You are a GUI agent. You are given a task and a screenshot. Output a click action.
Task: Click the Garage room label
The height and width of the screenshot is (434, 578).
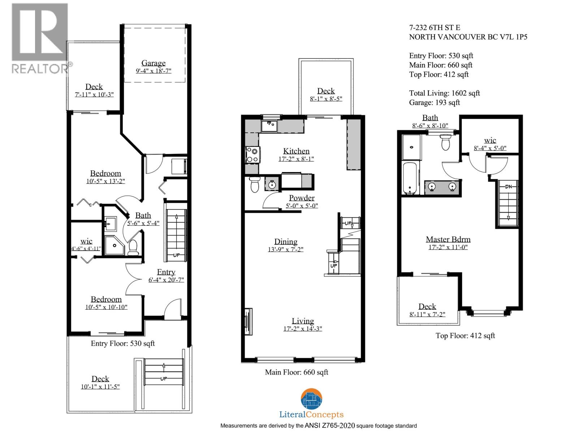pos(153,63)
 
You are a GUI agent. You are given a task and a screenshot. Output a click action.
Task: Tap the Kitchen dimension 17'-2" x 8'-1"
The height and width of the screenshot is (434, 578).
pos(296,159)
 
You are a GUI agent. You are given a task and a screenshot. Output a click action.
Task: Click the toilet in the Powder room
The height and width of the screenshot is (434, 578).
pos(255,185)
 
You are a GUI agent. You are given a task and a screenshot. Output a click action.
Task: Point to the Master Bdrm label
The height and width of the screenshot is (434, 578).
pos(448,239)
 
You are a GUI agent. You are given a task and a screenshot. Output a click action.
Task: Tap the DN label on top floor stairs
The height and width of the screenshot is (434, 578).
pos(508,187)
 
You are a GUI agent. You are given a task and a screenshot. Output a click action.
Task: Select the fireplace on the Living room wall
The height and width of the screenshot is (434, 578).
pos(248,322)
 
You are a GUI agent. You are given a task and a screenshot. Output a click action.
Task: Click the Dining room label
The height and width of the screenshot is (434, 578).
pos(286,242)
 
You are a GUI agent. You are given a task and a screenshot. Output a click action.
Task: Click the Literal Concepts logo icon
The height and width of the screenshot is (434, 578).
pos(311,399)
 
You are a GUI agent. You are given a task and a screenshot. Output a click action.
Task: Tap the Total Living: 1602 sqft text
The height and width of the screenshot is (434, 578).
pos(444,93)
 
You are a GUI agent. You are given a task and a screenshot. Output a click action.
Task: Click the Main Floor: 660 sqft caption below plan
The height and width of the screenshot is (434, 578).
pos(296,372)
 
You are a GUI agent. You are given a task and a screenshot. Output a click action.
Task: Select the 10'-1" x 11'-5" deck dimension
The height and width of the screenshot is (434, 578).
pos(100,387)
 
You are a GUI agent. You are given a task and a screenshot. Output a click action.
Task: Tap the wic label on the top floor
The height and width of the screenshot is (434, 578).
pos(490,140)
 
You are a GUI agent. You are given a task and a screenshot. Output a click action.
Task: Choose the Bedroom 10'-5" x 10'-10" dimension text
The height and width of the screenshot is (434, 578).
pos(106,307)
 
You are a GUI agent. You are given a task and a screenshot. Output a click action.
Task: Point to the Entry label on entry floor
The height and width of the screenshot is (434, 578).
pos(166,272)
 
